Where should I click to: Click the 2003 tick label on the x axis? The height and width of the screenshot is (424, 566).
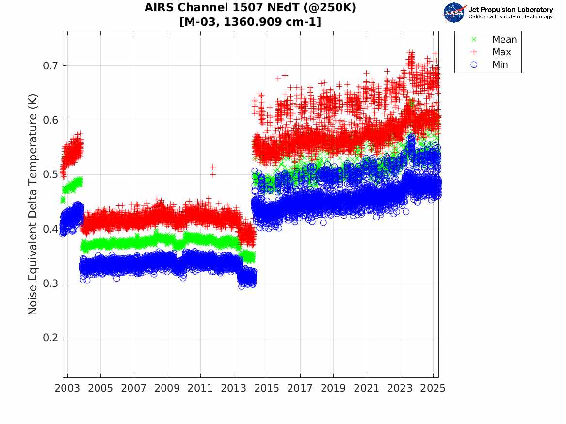point(67,389)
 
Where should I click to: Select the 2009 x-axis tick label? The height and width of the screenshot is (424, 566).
point(167,389)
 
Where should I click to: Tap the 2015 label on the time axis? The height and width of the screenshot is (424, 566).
point(267,389)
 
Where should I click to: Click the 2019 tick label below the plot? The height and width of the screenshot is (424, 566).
point(334,389)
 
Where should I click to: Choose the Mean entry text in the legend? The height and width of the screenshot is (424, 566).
point(504,40)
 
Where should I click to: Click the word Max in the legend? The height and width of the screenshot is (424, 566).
point(501,52)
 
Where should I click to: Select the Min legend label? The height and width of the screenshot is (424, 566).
point(500,65)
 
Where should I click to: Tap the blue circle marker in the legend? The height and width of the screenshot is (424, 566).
point(474,65)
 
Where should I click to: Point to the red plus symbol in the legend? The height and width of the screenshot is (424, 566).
point(474,52)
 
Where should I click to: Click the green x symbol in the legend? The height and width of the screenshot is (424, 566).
point(474,40)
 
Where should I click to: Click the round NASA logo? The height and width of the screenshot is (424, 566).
point(454,13)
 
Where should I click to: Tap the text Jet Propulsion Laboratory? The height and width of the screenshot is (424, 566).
point(510,10)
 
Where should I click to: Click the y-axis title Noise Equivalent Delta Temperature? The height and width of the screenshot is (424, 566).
point(33,204)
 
